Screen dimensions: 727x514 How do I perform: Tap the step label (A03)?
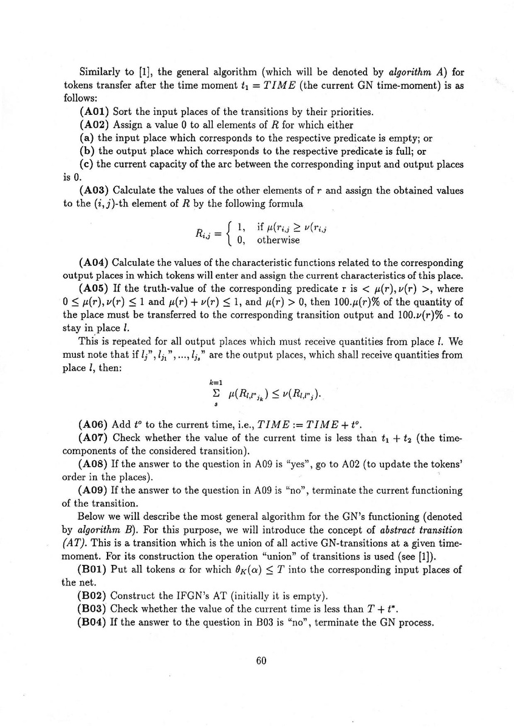coord(94,191)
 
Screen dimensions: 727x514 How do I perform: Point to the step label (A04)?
coord(94,263)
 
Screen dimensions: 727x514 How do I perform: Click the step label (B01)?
coord(94,570)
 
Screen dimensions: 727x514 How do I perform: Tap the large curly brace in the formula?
coord(228,234)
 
